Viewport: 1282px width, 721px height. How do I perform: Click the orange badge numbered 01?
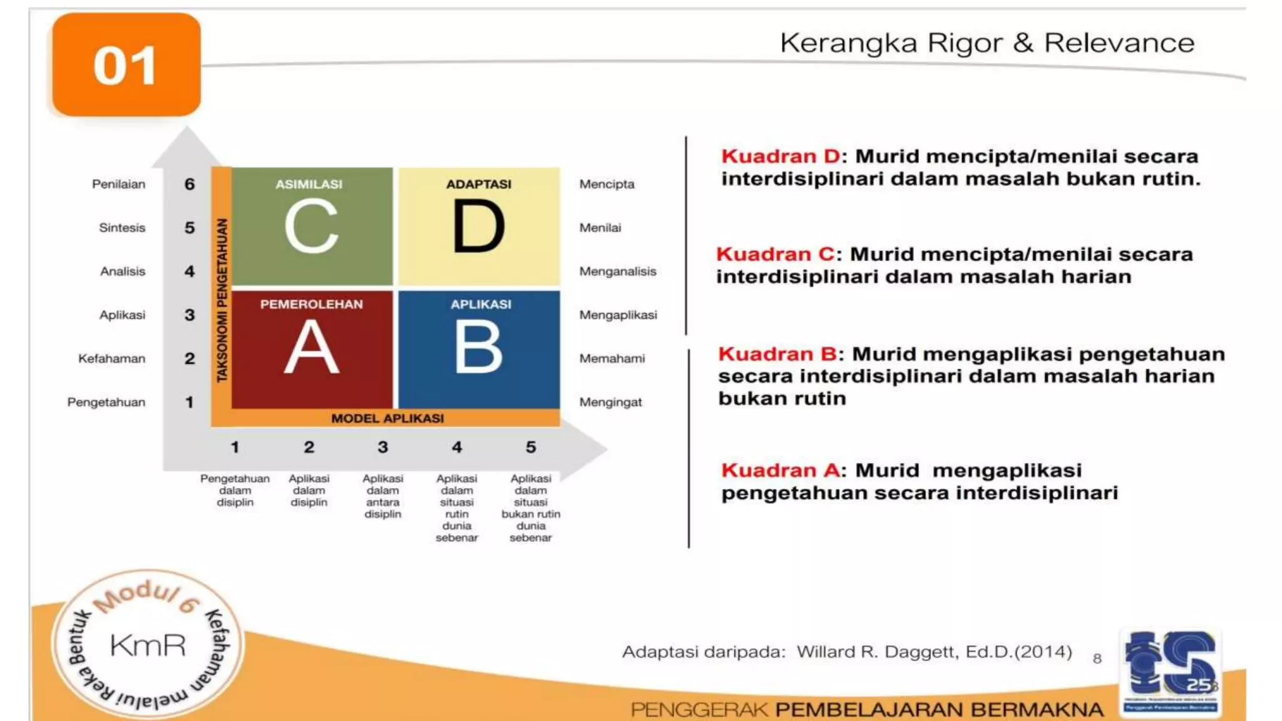pos(126,65)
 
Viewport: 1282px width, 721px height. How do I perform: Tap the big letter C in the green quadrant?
pos(311,226)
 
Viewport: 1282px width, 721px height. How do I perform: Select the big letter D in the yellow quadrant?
pos(479,226)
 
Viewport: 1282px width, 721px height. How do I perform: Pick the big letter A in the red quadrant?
pos(311,347)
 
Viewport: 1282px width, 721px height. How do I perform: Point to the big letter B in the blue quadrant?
pos(479,347)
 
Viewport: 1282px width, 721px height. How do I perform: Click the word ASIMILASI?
pos(309,184)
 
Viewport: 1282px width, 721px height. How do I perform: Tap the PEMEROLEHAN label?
pos(311,304)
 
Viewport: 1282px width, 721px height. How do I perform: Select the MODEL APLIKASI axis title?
pos(387,418)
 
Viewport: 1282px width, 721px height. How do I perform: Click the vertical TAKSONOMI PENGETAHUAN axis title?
pos(222,300)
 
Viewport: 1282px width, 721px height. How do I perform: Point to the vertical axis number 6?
pos(190,184)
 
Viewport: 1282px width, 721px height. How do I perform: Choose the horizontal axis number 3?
pos(382,447)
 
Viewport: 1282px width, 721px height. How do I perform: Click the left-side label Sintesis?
pos(122,228)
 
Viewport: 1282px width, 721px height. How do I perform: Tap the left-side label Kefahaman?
pos(111,359)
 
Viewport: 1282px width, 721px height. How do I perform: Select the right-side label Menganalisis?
pos(617,272)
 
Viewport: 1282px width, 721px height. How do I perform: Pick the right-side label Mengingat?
pos(610,402)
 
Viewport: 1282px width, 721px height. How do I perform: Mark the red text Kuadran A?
pos(780,471)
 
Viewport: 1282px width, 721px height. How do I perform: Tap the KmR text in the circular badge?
pos(148,645)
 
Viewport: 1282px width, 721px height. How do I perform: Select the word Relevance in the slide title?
pos(1119,43)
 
